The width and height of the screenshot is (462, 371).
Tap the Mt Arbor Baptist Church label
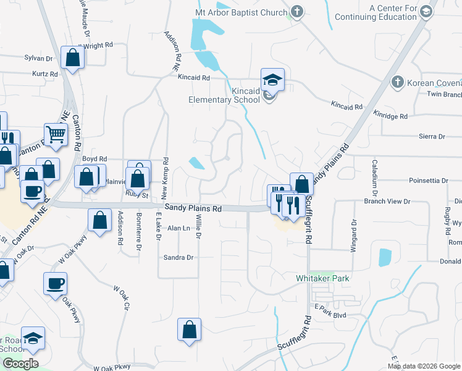(x=241, y=12)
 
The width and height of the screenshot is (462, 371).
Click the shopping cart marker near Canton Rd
(x=56, y=134)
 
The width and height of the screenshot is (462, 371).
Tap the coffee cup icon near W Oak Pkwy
(x=55, y=283)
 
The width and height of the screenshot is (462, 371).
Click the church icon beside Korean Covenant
(x=398, y=82)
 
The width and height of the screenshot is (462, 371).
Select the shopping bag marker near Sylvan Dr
(x=73, y=58)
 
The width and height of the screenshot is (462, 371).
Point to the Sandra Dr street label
(x=178, y=257)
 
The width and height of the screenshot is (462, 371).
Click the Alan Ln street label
(x=178, y=228)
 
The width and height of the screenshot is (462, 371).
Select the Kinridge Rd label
(x=390, y=116)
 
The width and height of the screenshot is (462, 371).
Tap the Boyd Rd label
(x=94, y=159)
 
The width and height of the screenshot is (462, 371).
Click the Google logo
(x=20, y=364)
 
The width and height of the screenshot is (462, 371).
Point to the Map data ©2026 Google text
(x=423, y=366)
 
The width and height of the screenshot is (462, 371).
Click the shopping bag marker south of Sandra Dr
(x=189, y=329)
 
